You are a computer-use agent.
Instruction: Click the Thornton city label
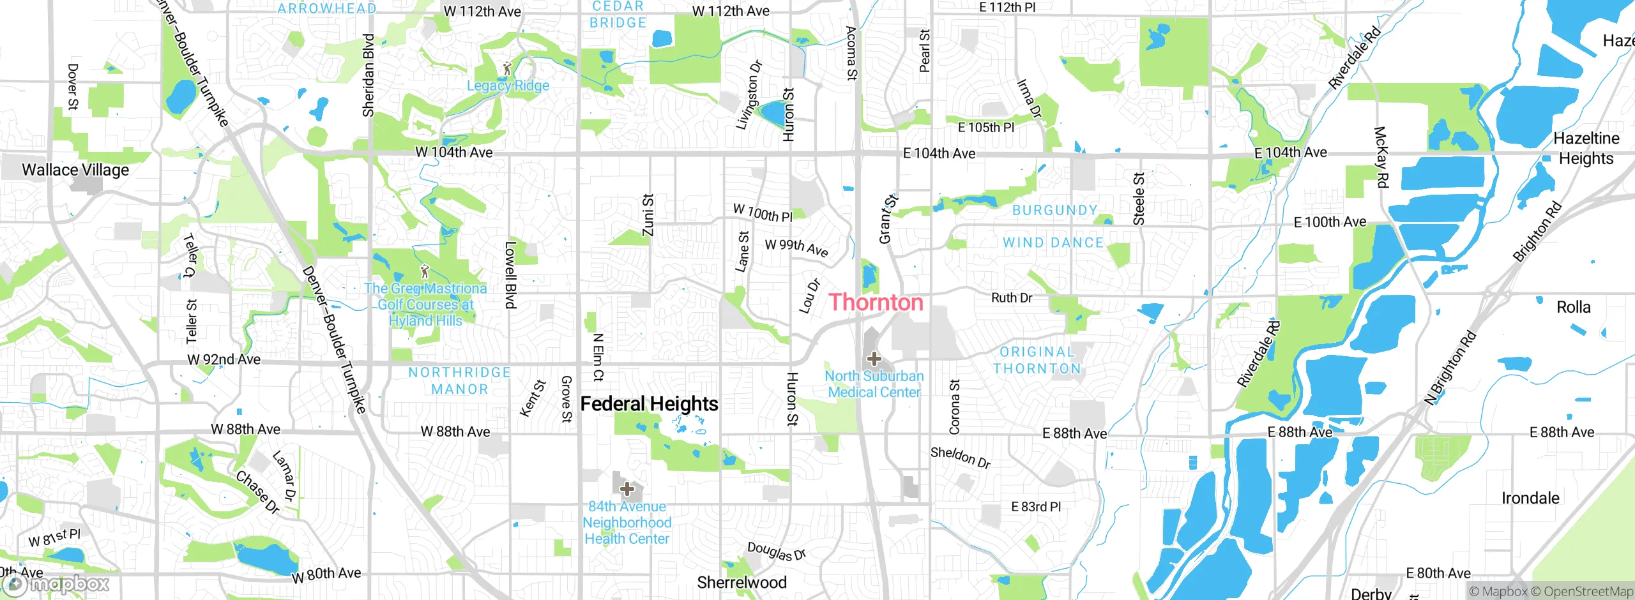pos(876,303)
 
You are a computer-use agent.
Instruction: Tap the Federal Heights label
pos(649,404)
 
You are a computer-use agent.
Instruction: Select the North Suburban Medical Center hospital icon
pos(874,359)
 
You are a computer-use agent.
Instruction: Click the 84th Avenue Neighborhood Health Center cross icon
pos(627,489)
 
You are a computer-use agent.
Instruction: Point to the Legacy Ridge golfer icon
pos(508,68)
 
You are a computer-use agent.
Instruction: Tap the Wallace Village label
pos(75,170)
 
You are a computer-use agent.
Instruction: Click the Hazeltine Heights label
pos(1586,148)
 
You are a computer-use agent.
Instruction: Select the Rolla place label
pos(1573,307)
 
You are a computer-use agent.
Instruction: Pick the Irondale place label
pos(1530,498)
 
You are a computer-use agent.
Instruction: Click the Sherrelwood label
pos(741,582)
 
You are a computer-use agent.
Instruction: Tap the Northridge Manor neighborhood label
pos(459,381)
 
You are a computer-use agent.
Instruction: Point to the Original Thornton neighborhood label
pos(1037,361)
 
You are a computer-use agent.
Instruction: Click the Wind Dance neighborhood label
pos(1053,243)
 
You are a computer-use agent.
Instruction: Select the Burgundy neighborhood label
pos(1054,210)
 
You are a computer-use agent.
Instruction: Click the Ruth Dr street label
pos(1011,298)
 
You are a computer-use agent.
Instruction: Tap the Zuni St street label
pos(648,215)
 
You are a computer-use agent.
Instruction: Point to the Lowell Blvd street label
pos(510,274)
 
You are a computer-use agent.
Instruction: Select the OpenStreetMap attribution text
pos(1588,592)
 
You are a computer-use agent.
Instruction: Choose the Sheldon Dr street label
pos(960,457)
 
